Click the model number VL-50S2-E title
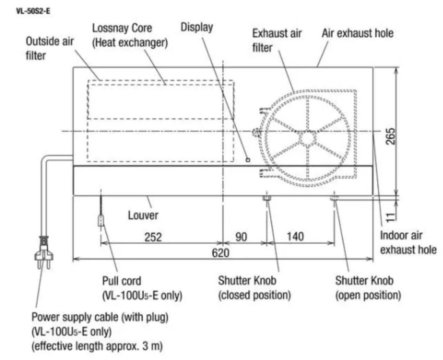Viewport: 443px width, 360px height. pyautogui.click(x=33, y=11)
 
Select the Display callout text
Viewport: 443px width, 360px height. pyautogui.click(x=197, y=27)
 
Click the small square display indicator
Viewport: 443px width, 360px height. pyautogui.click(x=248, y=160)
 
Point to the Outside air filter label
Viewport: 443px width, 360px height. pyautogui.click(x=49, y=48)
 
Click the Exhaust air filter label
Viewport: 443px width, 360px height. pyautogui.click(x=277, y=40)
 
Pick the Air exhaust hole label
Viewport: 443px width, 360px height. pyautogui.click(x=357, y=33)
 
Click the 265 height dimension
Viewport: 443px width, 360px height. pyautogui.click(x=391, y=136)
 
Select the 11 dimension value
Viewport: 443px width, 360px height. pyautogui.click(x=390, y=217)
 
